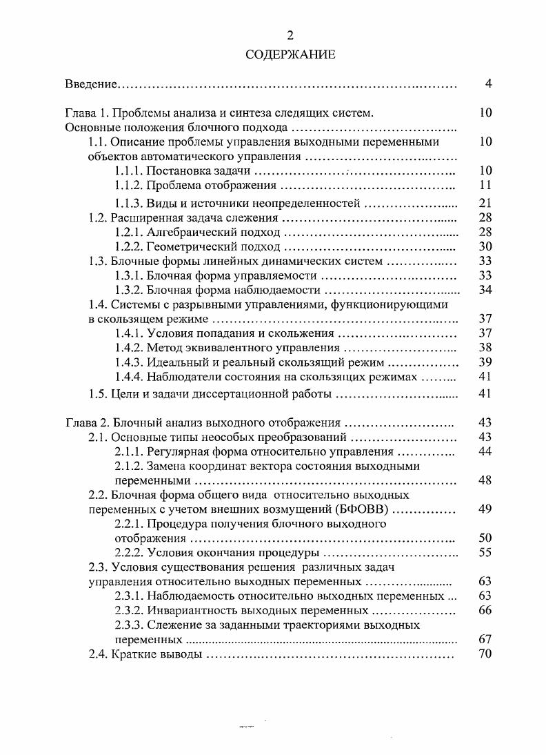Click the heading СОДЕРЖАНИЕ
click(x=290, y=55)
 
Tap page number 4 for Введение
click(x=487, y=84)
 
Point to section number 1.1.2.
click(x=129, y=185)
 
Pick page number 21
click(x=485, y=203)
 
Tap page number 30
click(x=485, y=246)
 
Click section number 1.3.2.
click(x=129, y=290)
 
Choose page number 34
click(x=485, y=290)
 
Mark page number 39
click(x=485, y=362)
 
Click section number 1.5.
click(x=99, y=395)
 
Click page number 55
click(x=485, y=553)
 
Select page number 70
click(x=485, y=654)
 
